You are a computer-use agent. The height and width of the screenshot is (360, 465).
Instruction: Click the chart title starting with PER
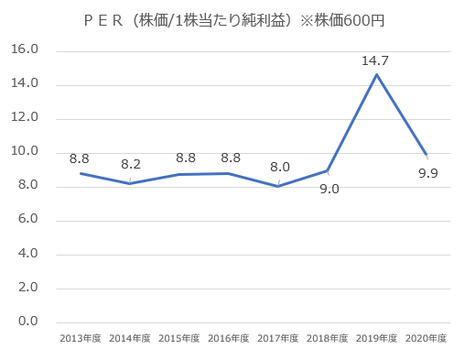232,21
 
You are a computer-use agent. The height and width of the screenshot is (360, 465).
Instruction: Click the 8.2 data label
131,165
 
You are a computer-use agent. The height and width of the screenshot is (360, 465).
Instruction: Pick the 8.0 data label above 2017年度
279,167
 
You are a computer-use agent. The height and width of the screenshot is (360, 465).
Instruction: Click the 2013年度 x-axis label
81,339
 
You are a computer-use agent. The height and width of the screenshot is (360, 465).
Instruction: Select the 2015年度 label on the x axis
179,339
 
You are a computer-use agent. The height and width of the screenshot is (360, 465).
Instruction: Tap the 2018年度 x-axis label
328,339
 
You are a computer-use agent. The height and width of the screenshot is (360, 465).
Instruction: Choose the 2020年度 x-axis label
426,339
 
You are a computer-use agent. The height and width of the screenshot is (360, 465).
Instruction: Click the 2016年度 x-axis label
229,339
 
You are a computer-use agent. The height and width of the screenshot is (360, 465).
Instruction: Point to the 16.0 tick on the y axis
26,51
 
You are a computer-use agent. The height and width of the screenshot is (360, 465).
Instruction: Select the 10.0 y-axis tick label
26,152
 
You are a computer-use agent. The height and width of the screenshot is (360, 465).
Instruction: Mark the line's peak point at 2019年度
376,74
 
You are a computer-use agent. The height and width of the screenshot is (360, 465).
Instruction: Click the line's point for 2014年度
131,183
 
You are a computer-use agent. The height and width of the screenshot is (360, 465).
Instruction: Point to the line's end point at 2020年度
426,155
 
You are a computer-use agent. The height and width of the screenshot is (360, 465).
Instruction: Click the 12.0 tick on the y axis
26,119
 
